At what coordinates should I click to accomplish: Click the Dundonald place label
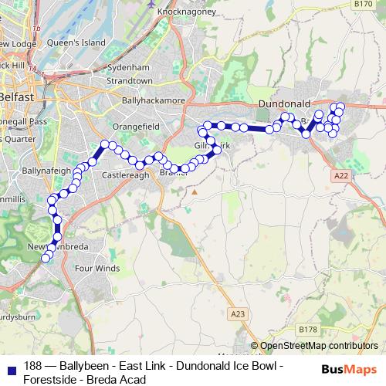(283, 103)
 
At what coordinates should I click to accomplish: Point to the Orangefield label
(135, 126)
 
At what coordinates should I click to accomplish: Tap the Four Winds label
(97, 269)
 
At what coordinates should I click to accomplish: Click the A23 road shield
(237, 313)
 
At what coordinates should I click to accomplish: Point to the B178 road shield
(307, 330)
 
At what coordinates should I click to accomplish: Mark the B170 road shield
(363, 5)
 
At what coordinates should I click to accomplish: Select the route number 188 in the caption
(33, 366)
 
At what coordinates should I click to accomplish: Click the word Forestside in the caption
(49, 379)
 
